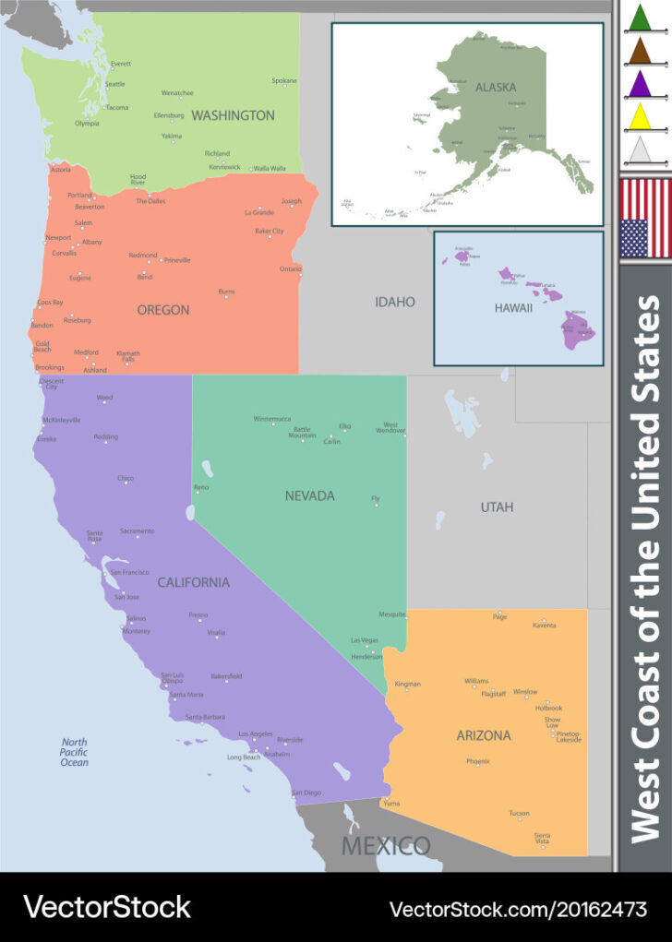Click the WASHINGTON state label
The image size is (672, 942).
coord(233,115)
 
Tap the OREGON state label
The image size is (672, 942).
coord(163,310)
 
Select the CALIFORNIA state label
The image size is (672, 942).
coord(193,582)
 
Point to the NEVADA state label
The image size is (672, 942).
coord(309,495)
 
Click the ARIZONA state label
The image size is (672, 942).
coord(483,735)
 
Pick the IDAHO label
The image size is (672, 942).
coord(394,302)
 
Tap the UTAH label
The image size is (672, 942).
coord(497,507)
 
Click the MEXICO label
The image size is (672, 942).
coord(386,845)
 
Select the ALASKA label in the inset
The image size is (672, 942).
coord(496,88)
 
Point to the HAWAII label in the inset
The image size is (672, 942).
coord(513,307)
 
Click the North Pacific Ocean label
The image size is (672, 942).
coord(75,752)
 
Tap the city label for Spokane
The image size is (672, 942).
coord(284,80)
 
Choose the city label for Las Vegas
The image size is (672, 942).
coord(364,639)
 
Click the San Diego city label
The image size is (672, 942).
coord(306,793)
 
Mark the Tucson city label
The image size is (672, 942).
coord(519,813)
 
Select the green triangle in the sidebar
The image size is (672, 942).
coord(639,18)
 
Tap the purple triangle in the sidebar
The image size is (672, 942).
coord(639,83)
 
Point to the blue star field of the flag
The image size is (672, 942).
coord(633,238)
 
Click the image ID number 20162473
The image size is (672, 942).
coord(598,909)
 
